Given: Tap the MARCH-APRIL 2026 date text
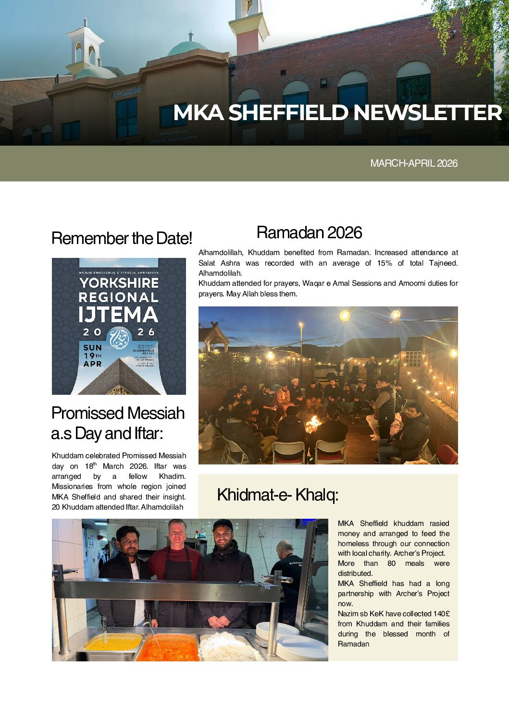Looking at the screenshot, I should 413,163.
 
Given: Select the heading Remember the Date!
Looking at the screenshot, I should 122,238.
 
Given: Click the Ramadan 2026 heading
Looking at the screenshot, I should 309,232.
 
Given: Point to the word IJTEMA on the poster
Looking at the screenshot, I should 118,315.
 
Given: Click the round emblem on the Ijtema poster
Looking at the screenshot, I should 118,338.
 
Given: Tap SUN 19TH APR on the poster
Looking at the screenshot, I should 92,355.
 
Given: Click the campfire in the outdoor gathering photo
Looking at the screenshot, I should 313,423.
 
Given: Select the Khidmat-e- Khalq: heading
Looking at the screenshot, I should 277,494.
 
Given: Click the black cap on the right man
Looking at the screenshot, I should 222,525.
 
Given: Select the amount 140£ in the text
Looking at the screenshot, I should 441,614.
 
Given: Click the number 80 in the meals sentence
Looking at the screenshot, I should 391,563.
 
